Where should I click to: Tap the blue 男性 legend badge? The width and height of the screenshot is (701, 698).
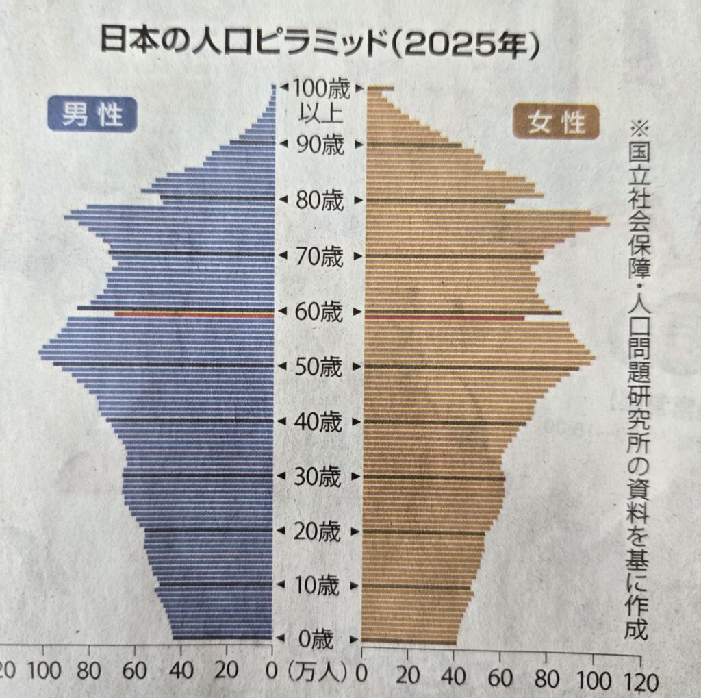click(x=92, y=114)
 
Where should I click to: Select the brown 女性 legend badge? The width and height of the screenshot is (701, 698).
click(x=555, y=123)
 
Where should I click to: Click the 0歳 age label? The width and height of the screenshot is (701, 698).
click(x=316, y=640)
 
